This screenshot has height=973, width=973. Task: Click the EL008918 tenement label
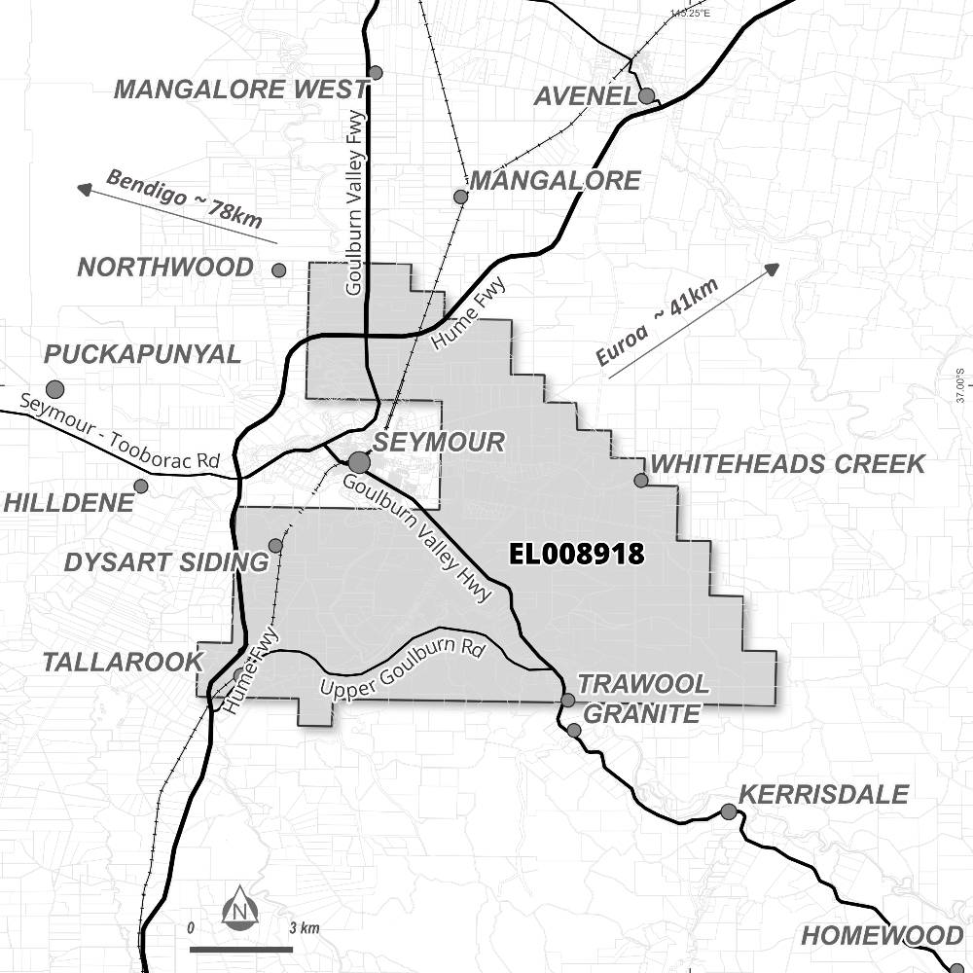(577, 555)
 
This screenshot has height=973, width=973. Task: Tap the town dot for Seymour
(359, 461)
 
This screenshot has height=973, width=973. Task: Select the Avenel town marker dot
(646, 95)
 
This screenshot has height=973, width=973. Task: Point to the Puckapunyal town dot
(54, 389)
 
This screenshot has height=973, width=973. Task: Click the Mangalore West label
(240, 90)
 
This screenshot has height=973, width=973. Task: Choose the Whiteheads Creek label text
(787, 464)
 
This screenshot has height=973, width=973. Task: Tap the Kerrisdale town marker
(728, 811)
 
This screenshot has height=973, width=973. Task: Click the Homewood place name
(882, 936)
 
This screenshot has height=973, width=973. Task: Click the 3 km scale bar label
(305, 928)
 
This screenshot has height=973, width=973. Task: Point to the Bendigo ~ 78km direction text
(184, 199)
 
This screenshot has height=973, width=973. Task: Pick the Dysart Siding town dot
(275, 545)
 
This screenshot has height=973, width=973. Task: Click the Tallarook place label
(122, 663)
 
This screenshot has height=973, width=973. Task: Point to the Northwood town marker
(279, 270)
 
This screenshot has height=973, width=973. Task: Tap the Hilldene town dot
(141, 486)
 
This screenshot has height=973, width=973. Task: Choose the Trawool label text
(644, 685)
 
